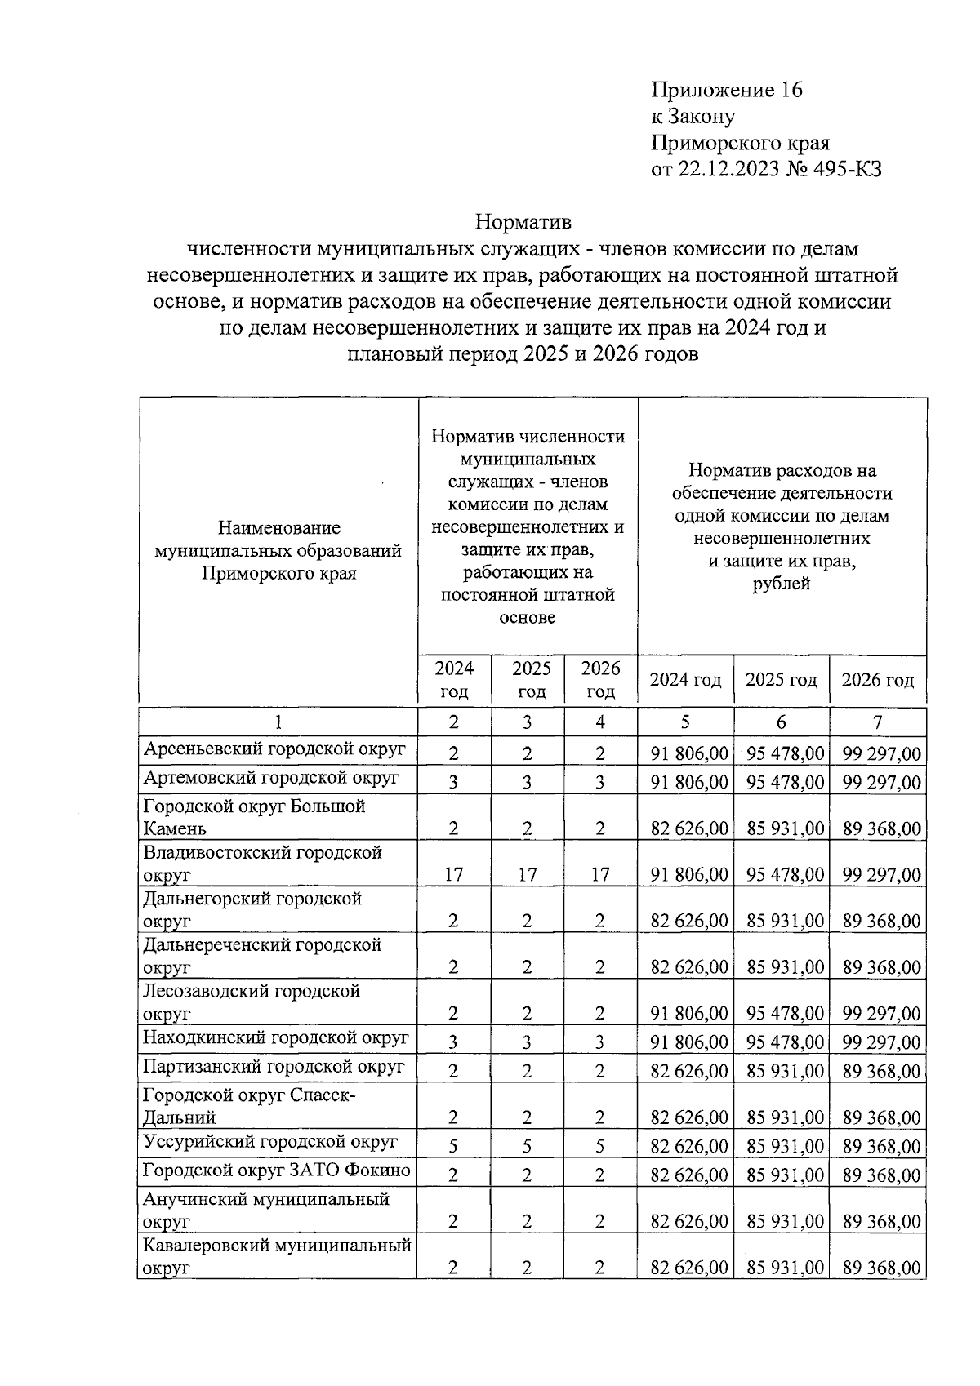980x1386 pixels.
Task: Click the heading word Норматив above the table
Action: pos(523,222)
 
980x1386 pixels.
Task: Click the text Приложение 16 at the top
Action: pos(726,90)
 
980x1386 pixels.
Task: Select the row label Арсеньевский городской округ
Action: pos(274,749)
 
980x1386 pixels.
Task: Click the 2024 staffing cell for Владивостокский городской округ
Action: pos(454,875)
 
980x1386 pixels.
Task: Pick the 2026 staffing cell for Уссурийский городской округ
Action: pos(599,1147)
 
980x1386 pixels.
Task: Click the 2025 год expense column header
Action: pos(782,680)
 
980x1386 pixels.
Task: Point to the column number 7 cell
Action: pos(877,722)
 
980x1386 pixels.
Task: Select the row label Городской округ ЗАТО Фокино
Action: pos(276,1171)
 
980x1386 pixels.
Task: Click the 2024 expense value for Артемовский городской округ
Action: pos(688,783)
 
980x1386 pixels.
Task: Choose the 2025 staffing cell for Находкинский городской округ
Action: pos(528,1042)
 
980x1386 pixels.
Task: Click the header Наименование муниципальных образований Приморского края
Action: pos(278,551)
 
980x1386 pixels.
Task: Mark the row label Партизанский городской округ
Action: pos(274,1067)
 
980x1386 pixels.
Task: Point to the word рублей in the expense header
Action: pos(782,584)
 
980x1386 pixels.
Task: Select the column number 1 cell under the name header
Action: pos(278,722)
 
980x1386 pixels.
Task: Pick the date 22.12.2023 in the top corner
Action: pos(724,170)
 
